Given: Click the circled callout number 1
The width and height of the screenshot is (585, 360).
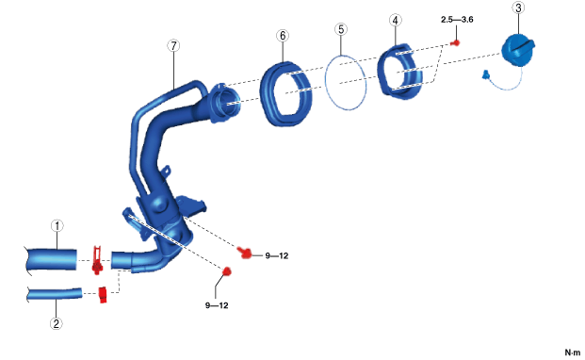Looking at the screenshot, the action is click(x=57, y=226).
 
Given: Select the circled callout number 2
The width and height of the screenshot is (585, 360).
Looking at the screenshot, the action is click(x=56, y=323).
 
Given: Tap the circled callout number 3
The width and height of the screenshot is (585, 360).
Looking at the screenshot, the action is click(x=518, y=8).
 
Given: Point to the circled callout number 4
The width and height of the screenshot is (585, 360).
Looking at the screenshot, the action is click(x=395, y=21).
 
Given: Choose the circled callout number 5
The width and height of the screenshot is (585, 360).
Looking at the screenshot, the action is click(x=341, y=29).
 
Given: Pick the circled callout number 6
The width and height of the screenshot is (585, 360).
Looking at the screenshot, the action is click(x=283, y=36).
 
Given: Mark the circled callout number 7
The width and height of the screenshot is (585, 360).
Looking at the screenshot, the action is click(x=173, y=46).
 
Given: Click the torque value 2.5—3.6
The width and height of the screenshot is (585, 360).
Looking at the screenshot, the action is click(x=457, y=20).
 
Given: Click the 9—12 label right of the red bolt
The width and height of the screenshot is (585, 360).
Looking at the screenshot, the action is click(x=277, y=256).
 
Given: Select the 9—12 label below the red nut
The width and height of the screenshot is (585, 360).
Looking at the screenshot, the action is click(x=217, y=305).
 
